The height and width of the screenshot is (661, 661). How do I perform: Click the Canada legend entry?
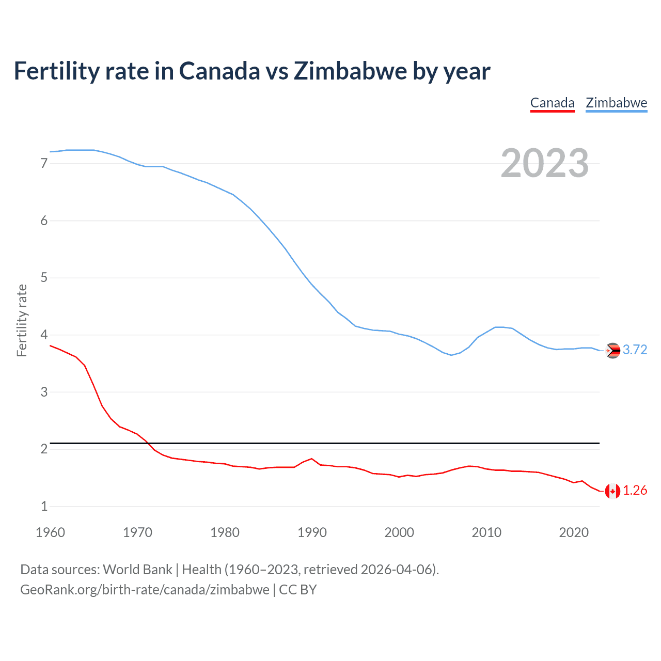pyautogui.click(x=552, y=103)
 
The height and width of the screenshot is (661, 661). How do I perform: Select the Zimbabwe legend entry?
pyautogui.click(x=616, y=103)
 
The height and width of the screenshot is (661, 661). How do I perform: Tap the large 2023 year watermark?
pyautogui.click(x=544, y=163)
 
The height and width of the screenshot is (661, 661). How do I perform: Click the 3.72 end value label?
pyautogui.click(x=635, y=350)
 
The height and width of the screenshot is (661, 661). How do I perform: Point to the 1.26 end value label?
pyautogui.click(x=635, y=490)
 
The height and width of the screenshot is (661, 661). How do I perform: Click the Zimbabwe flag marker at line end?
pyautogui.click(x=612, y=351)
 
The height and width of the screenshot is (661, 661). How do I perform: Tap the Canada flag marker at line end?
pyautogui.click(x=612, y=491)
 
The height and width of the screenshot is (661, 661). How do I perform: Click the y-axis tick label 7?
pyautogui.click(x=44, y=164)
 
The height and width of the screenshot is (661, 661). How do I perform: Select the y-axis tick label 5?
pyautogui.click(x=44, y=278)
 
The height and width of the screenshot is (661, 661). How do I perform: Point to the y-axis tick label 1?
pyautogui.click(x=44, y=506)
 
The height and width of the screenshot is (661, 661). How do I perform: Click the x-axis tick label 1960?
pyautogui.click(x=50, y=532)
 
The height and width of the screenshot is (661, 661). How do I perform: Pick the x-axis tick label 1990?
pyautogui.click(x=312, y=532)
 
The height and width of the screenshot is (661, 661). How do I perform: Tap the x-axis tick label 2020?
pyautogui.click(x=574, y=532)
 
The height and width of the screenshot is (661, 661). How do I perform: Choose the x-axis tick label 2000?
pyautogui.click(x=399, y=532)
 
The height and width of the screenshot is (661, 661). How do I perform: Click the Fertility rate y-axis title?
pyautogui.click(x=22, y=320)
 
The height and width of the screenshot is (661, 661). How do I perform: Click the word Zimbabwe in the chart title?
pyautogui.click(x=350, y=71)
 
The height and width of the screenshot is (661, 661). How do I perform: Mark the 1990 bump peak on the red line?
pyautogui.click(x=311, y=459)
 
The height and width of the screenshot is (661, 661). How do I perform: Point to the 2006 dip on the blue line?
pyautogui.click(x=451, y=355)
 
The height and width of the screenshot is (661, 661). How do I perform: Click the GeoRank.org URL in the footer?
pyautogui.click(x=145, y=590)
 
